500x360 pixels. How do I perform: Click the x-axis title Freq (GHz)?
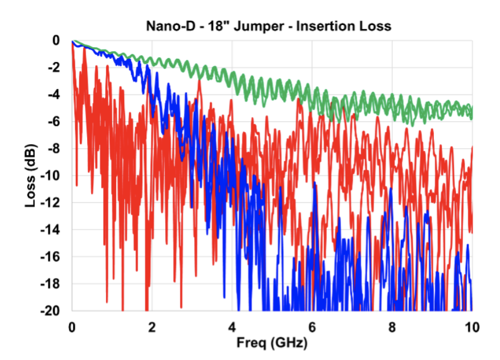(272, 343)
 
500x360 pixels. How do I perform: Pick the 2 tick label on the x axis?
(152, 328)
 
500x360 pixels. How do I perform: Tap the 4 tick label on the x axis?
(232, 328)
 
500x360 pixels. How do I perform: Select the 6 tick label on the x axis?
(312, 328)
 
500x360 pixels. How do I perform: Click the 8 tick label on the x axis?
(392, 328)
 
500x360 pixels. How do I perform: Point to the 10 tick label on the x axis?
(472, 328)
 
